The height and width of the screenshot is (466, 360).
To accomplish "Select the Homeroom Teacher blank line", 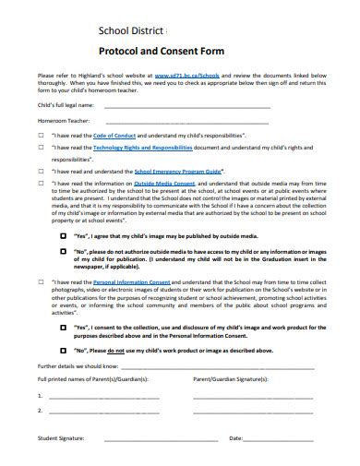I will click(x=188, y=122).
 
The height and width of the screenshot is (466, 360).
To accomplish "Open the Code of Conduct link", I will click(x=114, y=135).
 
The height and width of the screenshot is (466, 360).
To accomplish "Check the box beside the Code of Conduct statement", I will click(x=42, y=135).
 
